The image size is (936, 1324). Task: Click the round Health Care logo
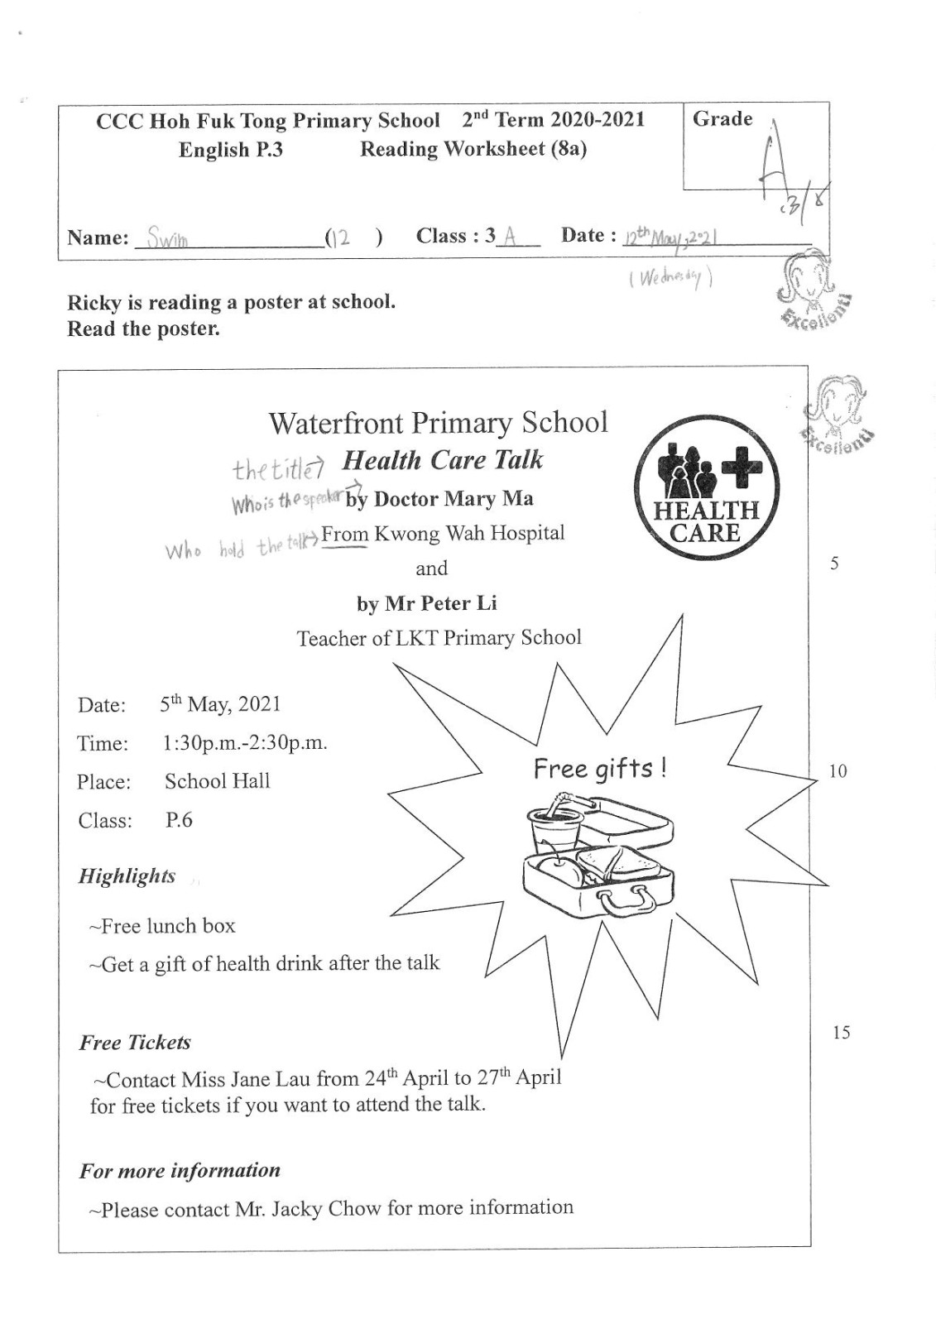(x=707, y=487)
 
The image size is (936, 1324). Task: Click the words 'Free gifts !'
(x=599, y=769)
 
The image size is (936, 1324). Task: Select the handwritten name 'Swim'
(x=167, y=239)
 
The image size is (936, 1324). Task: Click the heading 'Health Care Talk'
(x=443, y=460)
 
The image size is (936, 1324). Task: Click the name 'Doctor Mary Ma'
(x=454, y=499)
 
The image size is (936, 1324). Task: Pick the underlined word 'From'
(x=345, y=535)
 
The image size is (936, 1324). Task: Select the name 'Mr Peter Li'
(x=440, y=603)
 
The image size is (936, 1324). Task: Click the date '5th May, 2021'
(x=220, y=704)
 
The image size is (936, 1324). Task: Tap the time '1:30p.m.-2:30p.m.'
(x=245, y=742)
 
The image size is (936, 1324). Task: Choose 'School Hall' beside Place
(x=217, y=781)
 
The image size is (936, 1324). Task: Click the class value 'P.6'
(x=179, y=820)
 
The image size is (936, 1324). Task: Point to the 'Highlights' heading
(x=127, y=876)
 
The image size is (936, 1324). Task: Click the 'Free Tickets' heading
(x=135, y=1043)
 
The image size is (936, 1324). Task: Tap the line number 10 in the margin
(x=838, y=771)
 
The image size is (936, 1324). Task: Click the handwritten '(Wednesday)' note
(x=670, y=278)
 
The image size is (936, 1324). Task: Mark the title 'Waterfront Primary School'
(x=438, y=423)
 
